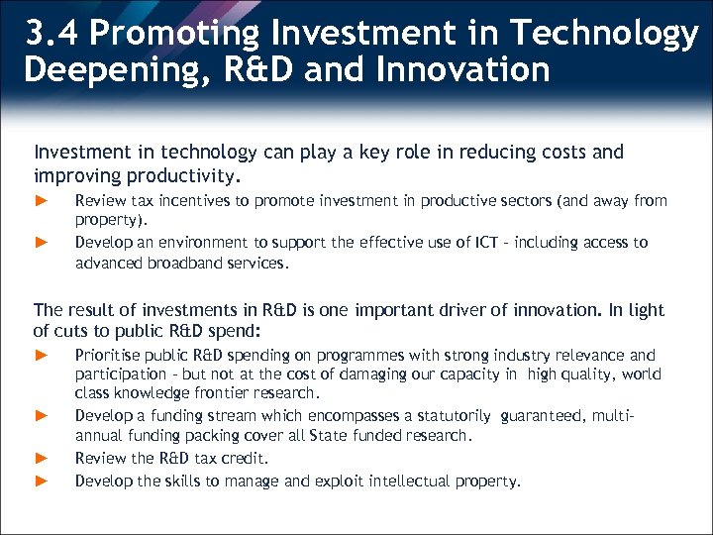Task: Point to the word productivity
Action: tap(186, 177)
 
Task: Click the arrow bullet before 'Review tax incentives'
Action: tap(41, 201)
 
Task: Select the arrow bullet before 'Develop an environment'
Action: tap(41, 242)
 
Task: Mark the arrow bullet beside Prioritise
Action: tap(41, 355)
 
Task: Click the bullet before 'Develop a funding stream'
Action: tap(41, 415)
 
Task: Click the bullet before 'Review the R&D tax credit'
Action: tap(41, 458)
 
